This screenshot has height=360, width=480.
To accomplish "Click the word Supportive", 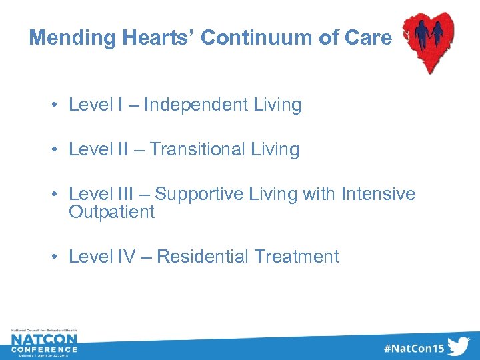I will tap(198, 195).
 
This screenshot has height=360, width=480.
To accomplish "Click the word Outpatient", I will tap(111, 212).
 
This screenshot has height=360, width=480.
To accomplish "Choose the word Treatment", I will tap(297, 256).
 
